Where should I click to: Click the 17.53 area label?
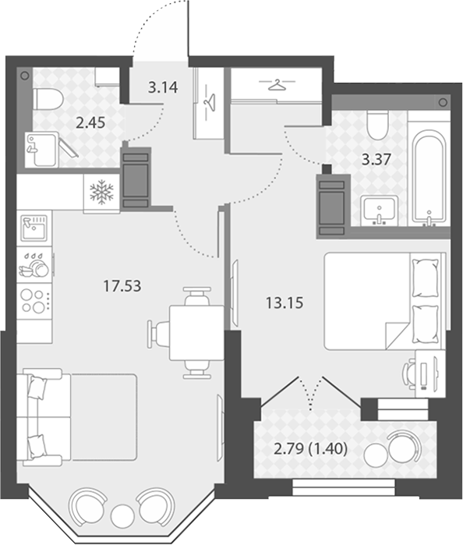pyautogui.click(x=122, y=286)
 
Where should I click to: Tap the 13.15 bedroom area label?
pyautogui.click(x=285, y=303)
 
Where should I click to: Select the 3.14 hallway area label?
pyautogui.click(x=163, y=87)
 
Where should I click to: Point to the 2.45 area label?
pyautogui.click(x=90, y=122)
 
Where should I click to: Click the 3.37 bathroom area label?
pyautogui.click(x=376, y=160)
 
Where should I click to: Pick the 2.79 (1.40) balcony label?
pyautogui.click(x=311, y=449)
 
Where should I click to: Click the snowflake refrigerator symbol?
pyautogui.click(x=101, y=192)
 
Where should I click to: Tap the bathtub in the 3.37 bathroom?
pyautogui.click(x=429, y=176)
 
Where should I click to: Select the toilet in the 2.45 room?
pyautogui.click(x=48, y=99)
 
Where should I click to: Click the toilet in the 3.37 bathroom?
pyautogui.click(x=377, y=126)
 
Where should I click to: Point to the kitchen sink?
pyautogui.click(x=34, y=228)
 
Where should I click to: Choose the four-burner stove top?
pyautogui.click(x=34, y=302)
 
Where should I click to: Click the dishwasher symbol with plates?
pyautogui.click(x=34, y=265)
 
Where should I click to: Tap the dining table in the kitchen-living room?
pyautogui.click(x=196, y=333)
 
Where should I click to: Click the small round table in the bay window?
pyautogui.click(x=122, y=514)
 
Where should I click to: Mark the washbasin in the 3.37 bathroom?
pyautogui.click(x=380, y=210)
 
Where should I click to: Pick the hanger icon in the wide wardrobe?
pyautogui.click(x=277, y=84)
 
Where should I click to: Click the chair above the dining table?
pyautogui.click(x=197, y=296)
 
